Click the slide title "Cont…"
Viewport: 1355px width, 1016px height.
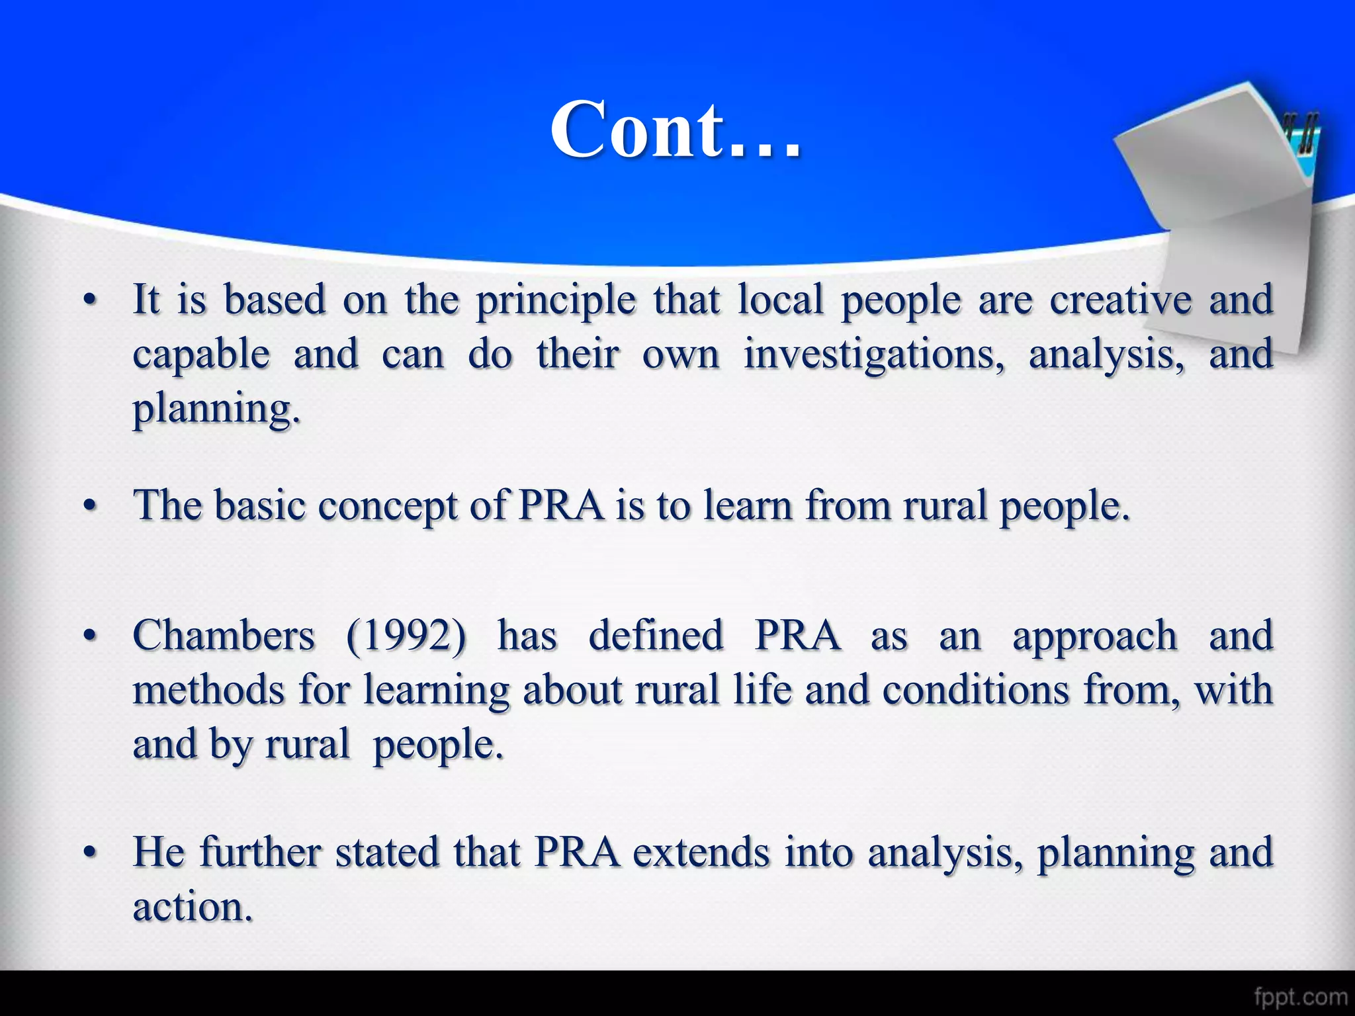(x=676, y=130)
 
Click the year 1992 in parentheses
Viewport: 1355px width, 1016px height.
(x=406, y=636)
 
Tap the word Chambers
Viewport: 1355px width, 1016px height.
(x=224, y=636)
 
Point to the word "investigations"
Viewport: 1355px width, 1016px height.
(x=873, y=355)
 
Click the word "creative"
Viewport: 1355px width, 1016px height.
(x=1121, y=300)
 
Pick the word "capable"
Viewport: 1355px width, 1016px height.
(x=201, y=355)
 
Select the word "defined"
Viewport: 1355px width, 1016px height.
(x=656, y=636)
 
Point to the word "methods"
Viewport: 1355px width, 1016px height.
(x=208, y=690)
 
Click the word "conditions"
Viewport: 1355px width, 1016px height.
(x=976, y=690)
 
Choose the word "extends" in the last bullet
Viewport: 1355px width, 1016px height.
(x=701, y=852)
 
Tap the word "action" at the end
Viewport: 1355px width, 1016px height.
(x=192, y=907)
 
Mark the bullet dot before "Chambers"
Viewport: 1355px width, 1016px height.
(x=91, y=637)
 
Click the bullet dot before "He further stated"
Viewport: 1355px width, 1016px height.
(x=91, y=853)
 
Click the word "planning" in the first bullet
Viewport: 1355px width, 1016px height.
(x=216, y=410)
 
